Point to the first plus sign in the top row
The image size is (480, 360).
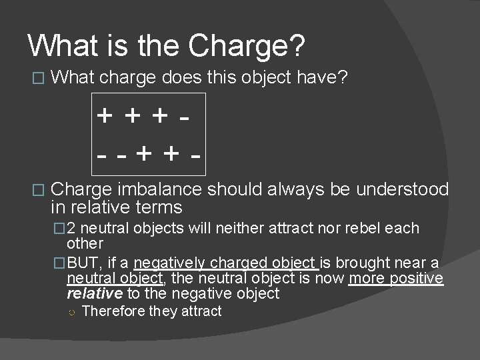[x=105, y=115]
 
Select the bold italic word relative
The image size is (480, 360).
[x=95, y=293]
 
